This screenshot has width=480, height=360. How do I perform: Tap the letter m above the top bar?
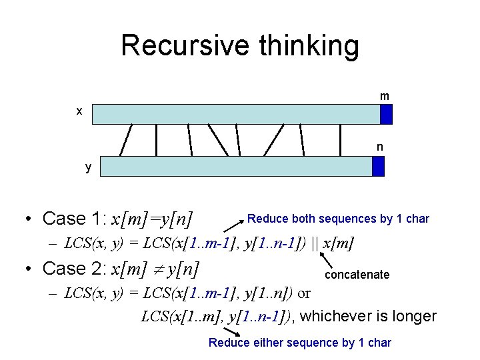click(385, 97)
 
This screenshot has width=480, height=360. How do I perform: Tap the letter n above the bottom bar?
click(379, 147)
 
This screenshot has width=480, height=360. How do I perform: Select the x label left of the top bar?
click(79, 111)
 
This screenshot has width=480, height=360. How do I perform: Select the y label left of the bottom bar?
click(88, 167)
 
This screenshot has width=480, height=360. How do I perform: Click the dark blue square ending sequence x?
click(386, 114)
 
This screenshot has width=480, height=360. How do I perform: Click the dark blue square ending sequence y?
click(378, 166)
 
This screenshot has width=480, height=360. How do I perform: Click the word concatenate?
click(357, 275)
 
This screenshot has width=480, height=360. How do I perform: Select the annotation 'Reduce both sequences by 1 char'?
click(338, 219)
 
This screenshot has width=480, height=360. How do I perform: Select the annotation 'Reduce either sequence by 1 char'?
click(299, 343)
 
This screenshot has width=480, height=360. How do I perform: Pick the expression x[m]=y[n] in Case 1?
click(152, 219)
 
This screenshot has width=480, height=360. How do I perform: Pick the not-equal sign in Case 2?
click(157, 269)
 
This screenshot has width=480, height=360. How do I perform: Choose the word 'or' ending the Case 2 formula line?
click(303, 293)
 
